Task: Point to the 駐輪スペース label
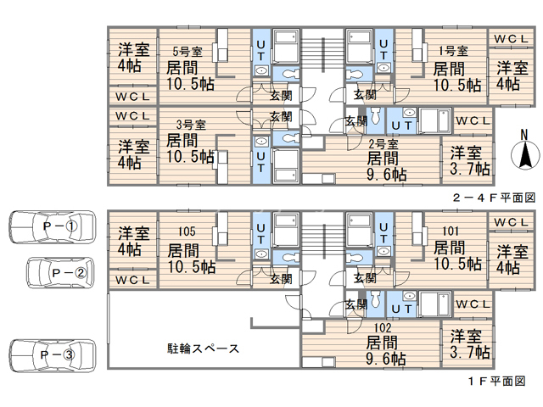[202, 348]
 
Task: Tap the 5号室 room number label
[188, 51]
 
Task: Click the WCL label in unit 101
[511, 222]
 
